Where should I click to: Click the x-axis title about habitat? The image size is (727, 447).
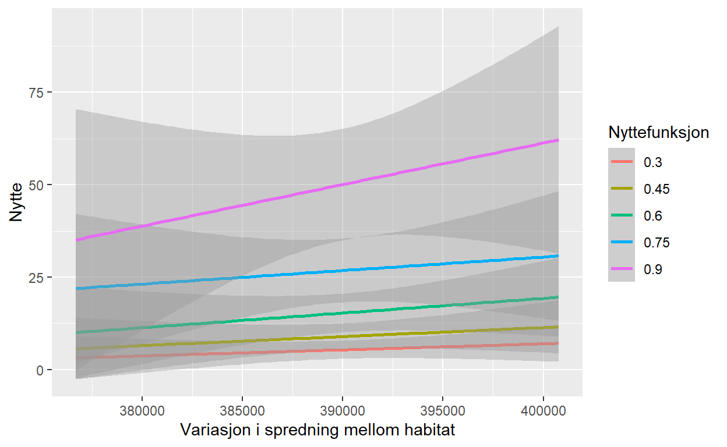[x=317, y=431]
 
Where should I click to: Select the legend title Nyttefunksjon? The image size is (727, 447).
[x=658, y=133]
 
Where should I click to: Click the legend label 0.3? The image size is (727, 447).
[x=652, y=162]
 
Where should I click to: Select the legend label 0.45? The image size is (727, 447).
[x=656, y=189]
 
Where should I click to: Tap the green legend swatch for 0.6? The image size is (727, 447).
[x=622, y=216]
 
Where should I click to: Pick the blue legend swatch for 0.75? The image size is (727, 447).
[x=622, y=243]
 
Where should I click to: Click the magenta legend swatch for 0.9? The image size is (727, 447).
[x=622, y=269]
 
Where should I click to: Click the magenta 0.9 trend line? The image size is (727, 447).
[x=343, y=185]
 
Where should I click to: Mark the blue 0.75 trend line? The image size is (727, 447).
[x=343, y=270]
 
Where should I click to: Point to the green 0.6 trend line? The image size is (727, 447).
[x=343, y=313]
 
